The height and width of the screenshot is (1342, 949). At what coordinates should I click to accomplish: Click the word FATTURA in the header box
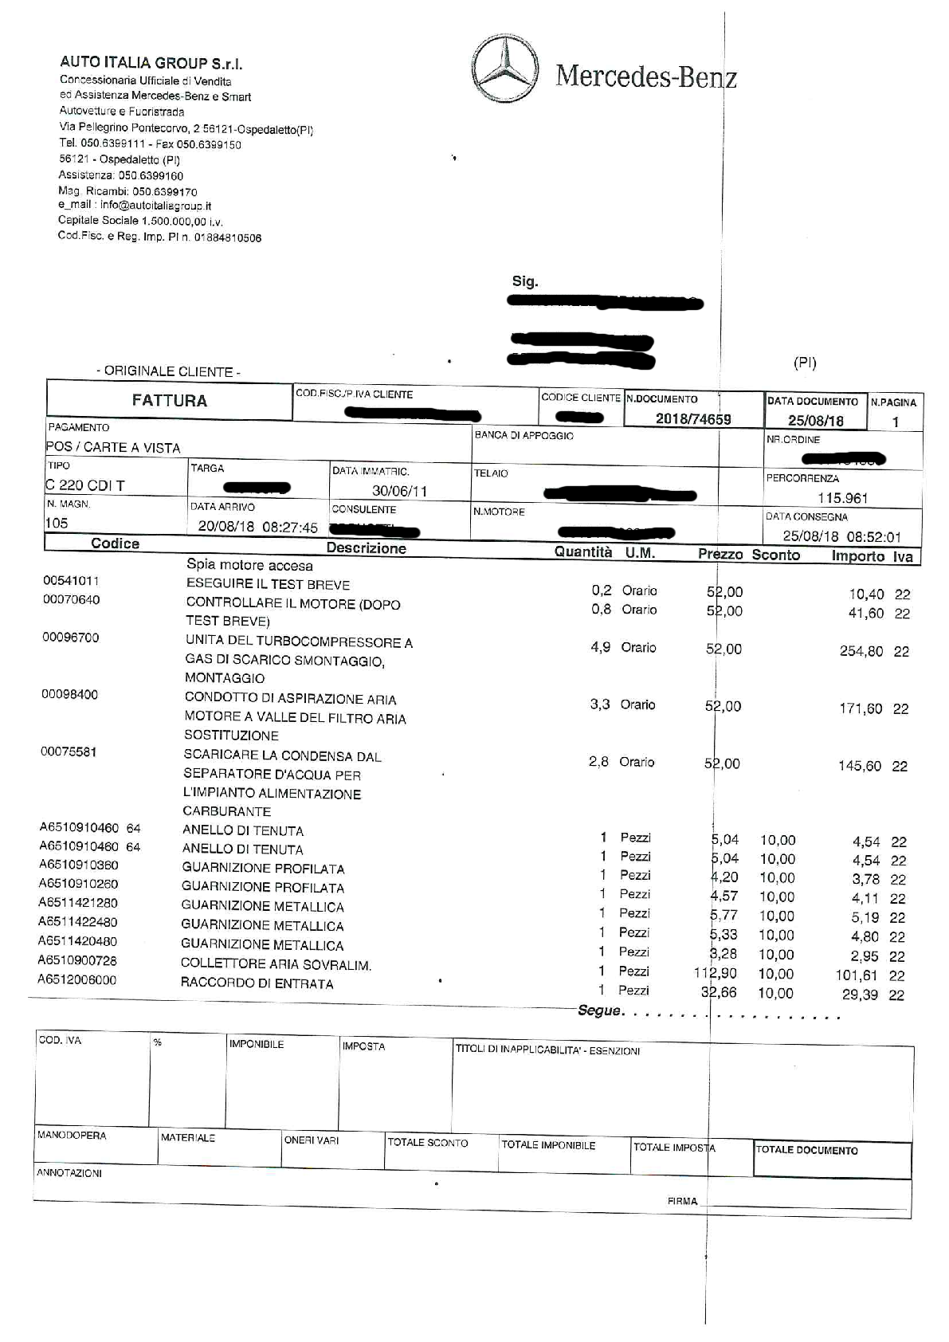[x=170, y=401]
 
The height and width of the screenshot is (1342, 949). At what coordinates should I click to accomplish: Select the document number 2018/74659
[x=693, y=419]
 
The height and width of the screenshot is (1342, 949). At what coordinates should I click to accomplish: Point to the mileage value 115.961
[x=842, y=498]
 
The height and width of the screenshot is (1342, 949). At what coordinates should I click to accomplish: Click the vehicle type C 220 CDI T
[x=85, y=485]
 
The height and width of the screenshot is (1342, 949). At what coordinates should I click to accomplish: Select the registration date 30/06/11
[x=400, y=491]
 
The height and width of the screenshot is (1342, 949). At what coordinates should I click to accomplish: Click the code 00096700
[x=70, y=638]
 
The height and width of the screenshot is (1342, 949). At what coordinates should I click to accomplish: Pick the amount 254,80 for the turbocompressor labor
[x=861, y=651]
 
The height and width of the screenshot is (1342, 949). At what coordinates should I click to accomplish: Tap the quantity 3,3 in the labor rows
[x=600, y=704]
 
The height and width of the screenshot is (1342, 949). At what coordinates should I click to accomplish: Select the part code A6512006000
[x=77, y=980]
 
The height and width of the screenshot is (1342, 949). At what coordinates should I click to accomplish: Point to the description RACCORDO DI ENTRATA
[x=257, y=983]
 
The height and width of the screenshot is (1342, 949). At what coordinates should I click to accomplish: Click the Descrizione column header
[x=366, y=548]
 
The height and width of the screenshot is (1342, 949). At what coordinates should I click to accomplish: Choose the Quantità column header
[x=583, y=552]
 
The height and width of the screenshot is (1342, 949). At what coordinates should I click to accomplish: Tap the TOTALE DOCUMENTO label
[x=806, y=1150]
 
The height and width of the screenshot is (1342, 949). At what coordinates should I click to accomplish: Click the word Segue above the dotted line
[x=599, y=1010]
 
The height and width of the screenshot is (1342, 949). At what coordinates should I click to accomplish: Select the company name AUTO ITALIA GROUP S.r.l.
[x=151, y=64]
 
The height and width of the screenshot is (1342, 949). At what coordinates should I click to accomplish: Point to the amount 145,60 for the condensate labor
[x=860, y=766]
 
